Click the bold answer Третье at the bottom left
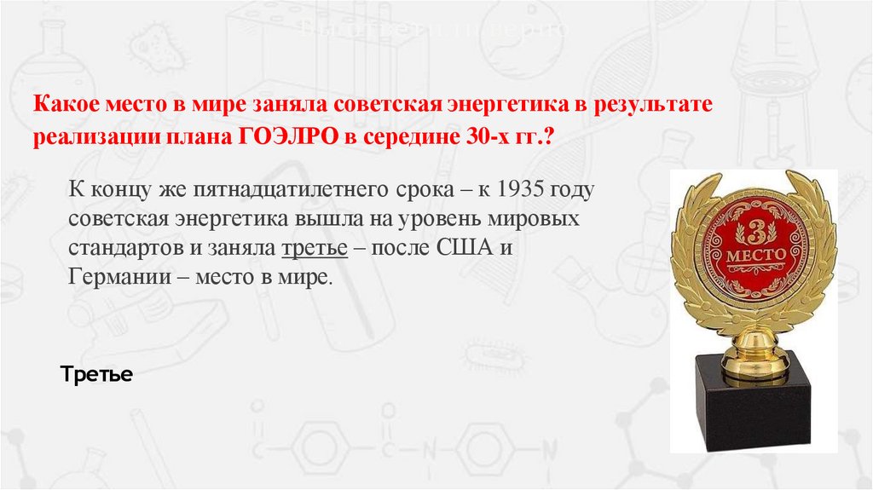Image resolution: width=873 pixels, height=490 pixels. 96,374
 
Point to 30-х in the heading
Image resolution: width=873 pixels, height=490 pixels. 477,138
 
